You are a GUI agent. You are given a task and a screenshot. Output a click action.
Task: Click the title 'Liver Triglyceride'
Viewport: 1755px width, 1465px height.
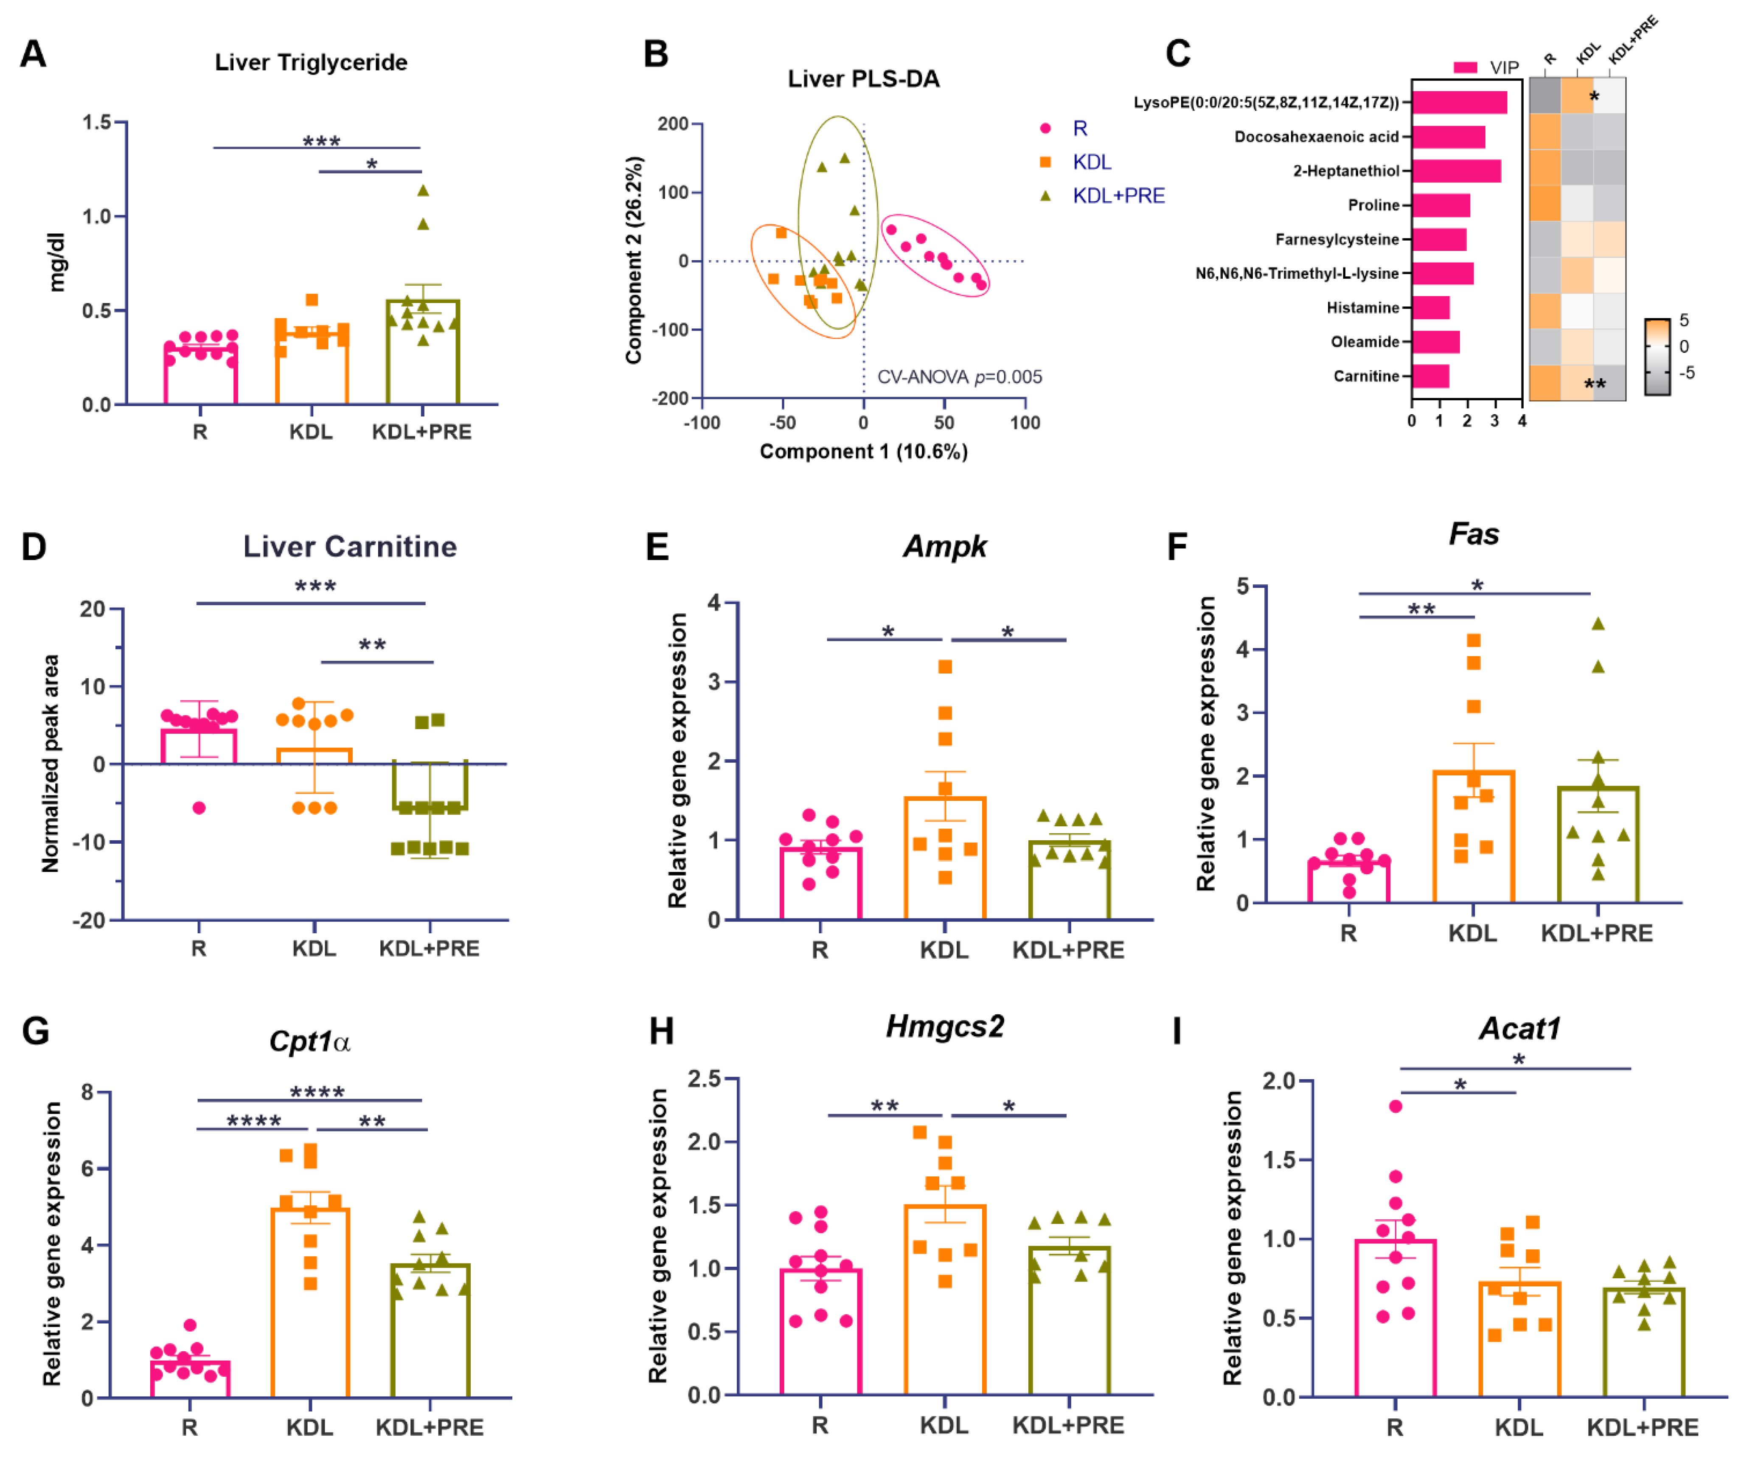pyautogui.click(x=311, y=63)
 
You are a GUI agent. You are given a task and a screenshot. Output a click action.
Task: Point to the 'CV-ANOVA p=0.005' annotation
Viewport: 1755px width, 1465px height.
pyautogui.click(x=959, y=377)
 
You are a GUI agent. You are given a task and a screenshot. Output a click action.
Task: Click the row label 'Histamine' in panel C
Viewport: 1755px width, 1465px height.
pyautogui.click(x=1362, y=308)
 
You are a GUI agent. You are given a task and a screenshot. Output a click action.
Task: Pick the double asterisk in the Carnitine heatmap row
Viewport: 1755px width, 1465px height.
pyautogui.click(x=1595, y=384)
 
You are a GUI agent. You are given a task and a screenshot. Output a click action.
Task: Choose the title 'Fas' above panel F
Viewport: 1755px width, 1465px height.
pyautogui.click(x=1473, y=534)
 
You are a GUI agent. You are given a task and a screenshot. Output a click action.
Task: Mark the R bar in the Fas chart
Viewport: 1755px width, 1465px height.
pyautogui.click(x=1348, y=882)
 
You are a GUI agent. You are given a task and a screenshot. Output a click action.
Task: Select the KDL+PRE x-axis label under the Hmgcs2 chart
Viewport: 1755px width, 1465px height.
pyautogui.click(x=1068, y=1425)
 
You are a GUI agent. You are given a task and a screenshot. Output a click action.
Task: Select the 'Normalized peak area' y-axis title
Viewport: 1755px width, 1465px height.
pyautogui.click(x=50, y=763)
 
